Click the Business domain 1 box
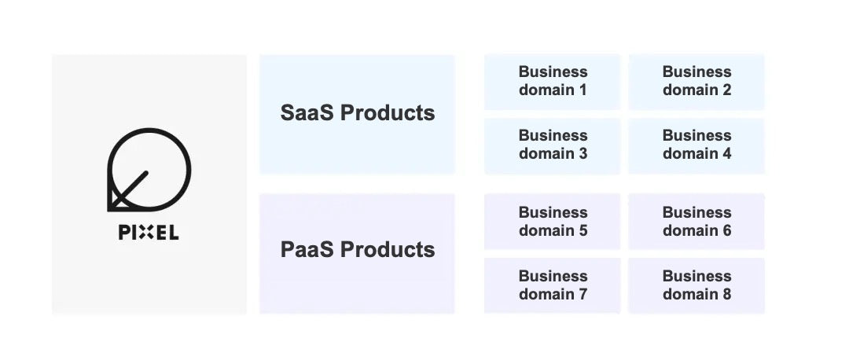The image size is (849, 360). (x=553, y=82)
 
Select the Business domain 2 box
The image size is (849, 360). (x=696, y=82)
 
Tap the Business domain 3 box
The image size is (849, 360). (x=553, y=145)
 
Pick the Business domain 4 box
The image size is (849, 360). (x=696, y=145)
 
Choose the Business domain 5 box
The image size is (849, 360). (x=553, y=222)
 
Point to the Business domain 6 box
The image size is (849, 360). (x=696, y=222)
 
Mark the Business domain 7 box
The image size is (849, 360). (x=553, y=285)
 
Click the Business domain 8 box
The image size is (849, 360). (x=696, y=285)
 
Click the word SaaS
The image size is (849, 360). (x=307, y=112)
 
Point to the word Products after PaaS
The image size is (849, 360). (x=388, y=250)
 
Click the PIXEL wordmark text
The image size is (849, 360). (x=149, y=233)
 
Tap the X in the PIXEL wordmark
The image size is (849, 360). (x=145, y=233)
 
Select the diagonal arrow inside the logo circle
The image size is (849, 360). (x=129, y=190)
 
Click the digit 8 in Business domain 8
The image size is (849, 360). (x=726, y=295)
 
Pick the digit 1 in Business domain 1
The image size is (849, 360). (x=582, y=90)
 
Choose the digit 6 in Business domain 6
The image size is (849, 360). (x=726, y=230)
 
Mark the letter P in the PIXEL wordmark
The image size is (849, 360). (x=124, y=233)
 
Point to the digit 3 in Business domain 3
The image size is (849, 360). (x=582, y=154)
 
